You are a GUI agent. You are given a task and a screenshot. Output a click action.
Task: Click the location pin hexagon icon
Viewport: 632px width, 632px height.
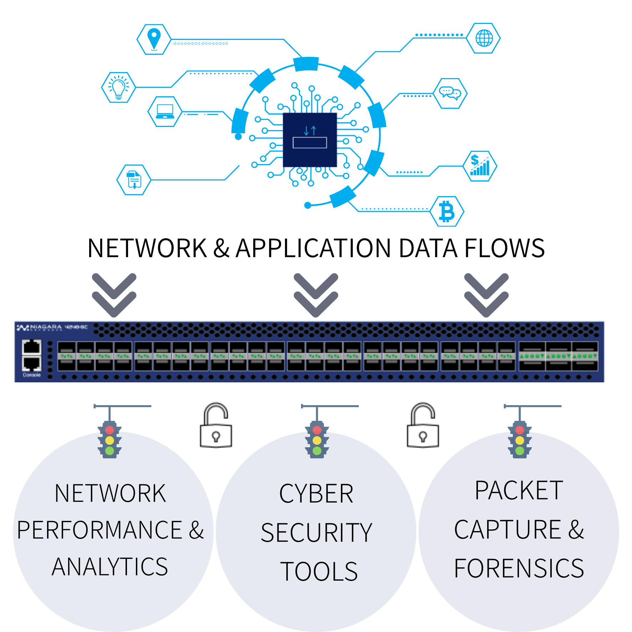tap(154, 39)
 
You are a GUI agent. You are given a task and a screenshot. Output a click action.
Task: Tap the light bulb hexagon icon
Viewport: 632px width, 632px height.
tap(118, 87)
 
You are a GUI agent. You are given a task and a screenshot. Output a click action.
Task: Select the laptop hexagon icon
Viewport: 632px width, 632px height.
tap(165, 111)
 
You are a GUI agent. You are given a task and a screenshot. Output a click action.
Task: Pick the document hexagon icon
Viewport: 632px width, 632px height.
tap(134, 180)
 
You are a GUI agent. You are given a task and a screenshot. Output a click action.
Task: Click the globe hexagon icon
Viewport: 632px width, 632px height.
tap(484, 38)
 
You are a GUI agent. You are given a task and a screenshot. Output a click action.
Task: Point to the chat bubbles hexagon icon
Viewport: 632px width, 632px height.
tap(450, 93)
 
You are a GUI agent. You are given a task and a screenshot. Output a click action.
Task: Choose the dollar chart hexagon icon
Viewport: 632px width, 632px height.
tap(480, 166)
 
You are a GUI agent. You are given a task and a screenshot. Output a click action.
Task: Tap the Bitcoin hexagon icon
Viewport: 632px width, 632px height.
tap(447, 211)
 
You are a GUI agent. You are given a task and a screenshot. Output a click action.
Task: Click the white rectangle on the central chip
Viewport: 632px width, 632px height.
tap(310, 143)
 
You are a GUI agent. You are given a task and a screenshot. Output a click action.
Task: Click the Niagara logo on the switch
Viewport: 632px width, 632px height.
tap(39, 327)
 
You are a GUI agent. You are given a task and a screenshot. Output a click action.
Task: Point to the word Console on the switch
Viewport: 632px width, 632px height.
tap(32, 375)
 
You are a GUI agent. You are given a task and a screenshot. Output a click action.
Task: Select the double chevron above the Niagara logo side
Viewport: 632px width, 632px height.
tap(114, 295)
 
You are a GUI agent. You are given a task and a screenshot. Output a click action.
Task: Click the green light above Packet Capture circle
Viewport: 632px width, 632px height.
tap(520, 451)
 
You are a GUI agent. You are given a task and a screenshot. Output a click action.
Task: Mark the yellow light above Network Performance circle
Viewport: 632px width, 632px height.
tap(109, 440)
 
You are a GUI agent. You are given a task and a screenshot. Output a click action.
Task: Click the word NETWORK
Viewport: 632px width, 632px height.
tap(110, 494)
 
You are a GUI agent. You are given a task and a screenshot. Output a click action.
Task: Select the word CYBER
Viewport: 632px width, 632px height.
tap(316, 494)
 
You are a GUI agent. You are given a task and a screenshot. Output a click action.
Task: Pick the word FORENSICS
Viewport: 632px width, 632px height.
tap(519, 569)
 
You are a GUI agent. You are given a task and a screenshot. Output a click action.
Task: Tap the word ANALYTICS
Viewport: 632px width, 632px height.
tap(110, 567)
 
